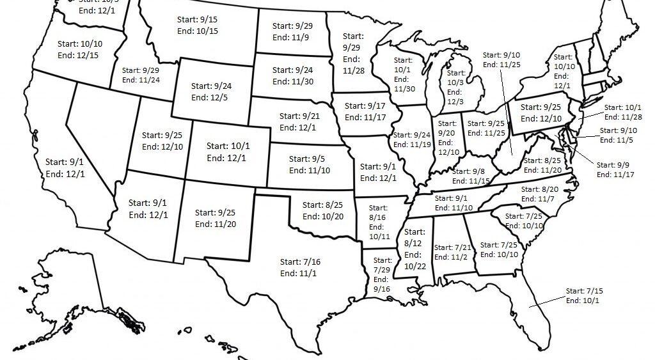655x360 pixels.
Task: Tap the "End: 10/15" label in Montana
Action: coord(198,31)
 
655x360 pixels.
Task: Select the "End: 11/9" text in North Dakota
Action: coord(292,38)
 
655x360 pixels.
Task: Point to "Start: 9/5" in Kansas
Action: coord(308,159)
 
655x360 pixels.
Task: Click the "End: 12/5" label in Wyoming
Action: coord(211,97)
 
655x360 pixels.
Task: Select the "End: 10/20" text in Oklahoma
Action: coord(323,216)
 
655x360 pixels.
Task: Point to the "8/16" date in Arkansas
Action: coord(378,218)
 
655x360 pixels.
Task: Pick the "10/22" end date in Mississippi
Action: coord(414,266)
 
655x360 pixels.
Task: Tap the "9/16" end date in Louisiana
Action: coord(381,289)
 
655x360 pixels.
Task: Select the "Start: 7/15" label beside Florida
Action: coord(584,291)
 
